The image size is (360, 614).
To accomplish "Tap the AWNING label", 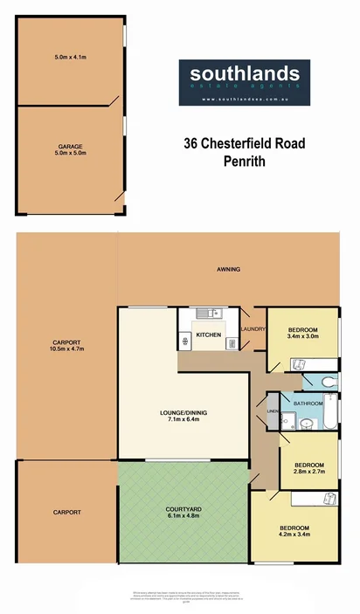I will pyautogui.click(x=229, y=269).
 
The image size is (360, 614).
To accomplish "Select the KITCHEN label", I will pyautogui.click(x=208, y=335).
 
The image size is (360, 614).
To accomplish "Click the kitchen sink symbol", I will pyautogui.click(x=203, y=314).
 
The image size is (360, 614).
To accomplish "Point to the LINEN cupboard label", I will pyautogui.click(x=272, y=410).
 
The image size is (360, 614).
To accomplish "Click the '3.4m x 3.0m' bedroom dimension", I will pyautogui.click(x=302, y=334).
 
